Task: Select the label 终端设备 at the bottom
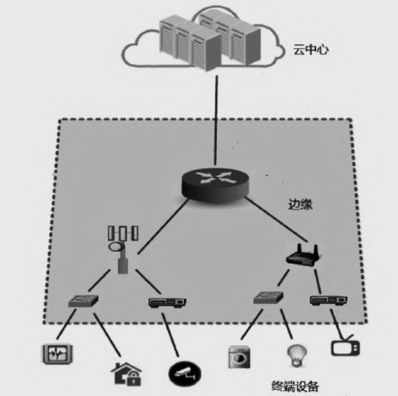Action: click(295, 386)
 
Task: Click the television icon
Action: click(344, 347)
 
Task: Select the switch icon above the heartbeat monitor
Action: click(85, 300)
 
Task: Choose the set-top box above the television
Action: click(328, 299)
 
